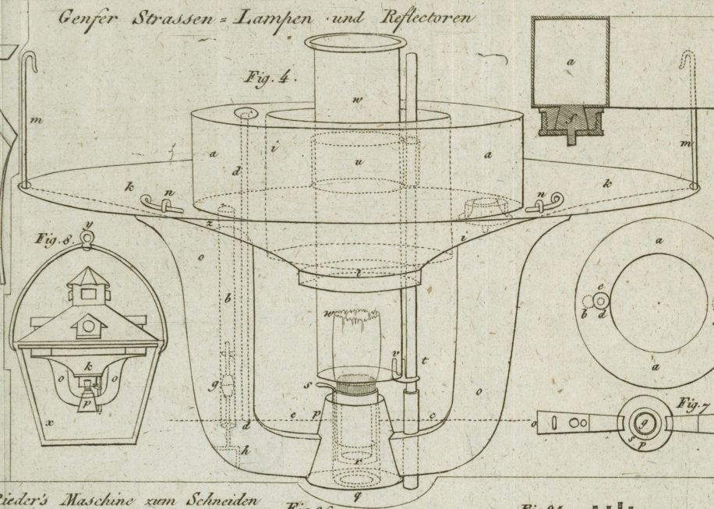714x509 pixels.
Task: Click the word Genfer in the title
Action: tap(87, 19)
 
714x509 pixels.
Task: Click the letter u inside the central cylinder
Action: tap(360, 161)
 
